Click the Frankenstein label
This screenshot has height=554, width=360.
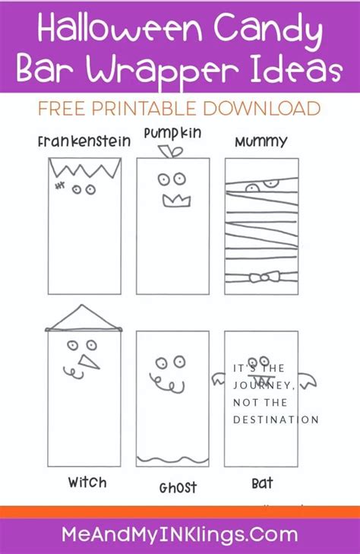click(84, 141)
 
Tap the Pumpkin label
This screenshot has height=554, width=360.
click(172, 134)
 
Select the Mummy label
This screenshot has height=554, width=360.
click(261, 142)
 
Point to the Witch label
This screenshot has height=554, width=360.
click(87, 482)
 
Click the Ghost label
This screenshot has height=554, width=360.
click(178, 488)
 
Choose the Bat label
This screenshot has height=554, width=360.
click(262, 483)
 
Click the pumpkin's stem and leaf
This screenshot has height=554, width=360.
click(171, 151)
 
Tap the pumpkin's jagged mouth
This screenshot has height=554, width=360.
click(176, 200)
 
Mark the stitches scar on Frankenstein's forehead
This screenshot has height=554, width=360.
click(60, 185)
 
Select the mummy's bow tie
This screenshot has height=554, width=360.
click(265, 277)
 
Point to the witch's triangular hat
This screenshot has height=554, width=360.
click(84, 318)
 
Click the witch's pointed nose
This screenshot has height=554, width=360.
click(89, 362)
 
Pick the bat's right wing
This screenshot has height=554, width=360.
click(308, 380)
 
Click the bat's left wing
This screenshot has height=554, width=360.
click(219, 378)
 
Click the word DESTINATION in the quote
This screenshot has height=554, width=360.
click(276, 419)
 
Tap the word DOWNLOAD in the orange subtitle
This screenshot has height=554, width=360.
click(261, 108)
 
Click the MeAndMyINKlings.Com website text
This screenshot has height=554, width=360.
click(180, 535)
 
